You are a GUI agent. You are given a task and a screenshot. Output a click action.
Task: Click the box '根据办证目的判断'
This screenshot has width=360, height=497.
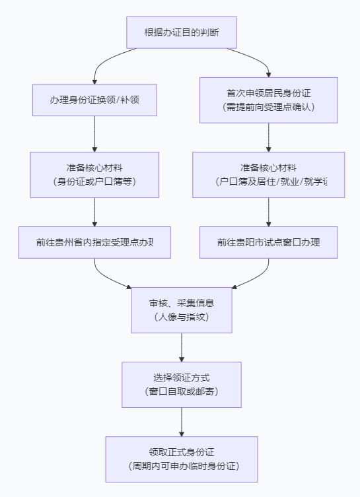point(181,32)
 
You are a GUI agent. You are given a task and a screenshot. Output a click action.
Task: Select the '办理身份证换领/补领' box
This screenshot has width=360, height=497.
point(94,100)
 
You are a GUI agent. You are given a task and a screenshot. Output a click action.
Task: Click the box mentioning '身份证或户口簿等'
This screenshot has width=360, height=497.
point(94,174)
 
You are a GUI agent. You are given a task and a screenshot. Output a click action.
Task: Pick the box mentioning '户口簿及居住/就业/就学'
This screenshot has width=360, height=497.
point(268,174)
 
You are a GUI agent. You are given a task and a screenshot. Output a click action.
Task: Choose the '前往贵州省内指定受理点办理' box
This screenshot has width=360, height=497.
point(94,242)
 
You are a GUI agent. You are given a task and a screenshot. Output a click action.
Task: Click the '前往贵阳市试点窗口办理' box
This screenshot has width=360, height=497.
point(268,242)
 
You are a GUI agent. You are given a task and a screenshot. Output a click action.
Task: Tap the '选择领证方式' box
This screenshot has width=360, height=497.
point(182,384)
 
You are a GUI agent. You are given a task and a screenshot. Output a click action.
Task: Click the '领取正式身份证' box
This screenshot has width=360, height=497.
point(182,459)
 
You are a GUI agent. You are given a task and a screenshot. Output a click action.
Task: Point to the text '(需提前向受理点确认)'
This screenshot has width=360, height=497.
point(268,107)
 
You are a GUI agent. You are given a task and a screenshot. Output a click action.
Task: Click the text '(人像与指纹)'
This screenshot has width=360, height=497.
point(182,317)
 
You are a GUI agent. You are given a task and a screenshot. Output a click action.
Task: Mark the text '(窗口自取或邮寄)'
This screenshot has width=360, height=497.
point(182,391)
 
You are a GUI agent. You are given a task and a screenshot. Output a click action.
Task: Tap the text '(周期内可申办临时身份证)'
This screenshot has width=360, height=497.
point(182,466)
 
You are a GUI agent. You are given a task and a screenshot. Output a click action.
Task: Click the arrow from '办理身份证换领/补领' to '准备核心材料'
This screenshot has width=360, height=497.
point(94,134)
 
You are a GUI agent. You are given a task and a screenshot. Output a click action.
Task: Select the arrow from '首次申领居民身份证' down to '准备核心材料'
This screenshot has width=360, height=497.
point(268,137)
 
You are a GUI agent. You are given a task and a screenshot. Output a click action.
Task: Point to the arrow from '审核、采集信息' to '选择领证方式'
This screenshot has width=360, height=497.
point(182,347)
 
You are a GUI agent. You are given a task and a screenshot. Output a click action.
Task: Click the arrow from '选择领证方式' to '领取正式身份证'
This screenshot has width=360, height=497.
point(182,422)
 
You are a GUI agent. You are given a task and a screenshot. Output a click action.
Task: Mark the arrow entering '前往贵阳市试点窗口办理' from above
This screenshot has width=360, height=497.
point(268,213)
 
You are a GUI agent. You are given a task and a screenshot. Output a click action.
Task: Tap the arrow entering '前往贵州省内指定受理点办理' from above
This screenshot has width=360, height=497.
point(94,213)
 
